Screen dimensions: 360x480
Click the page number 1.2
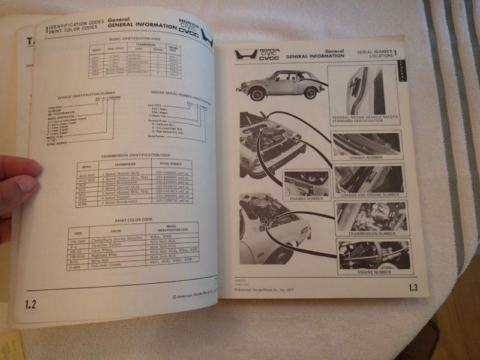pos(30,304)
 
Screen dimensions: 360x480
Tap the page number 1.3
pos(413,288)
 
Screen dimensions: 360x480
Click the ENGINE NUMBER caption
pos(374,272)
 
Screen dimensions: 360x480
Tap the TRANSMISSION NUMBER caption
pos(374,233)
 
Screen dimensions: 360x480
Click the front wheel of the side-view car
pos(258,94)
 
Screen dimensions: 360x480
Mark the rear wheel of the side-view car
pos(310,92)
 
